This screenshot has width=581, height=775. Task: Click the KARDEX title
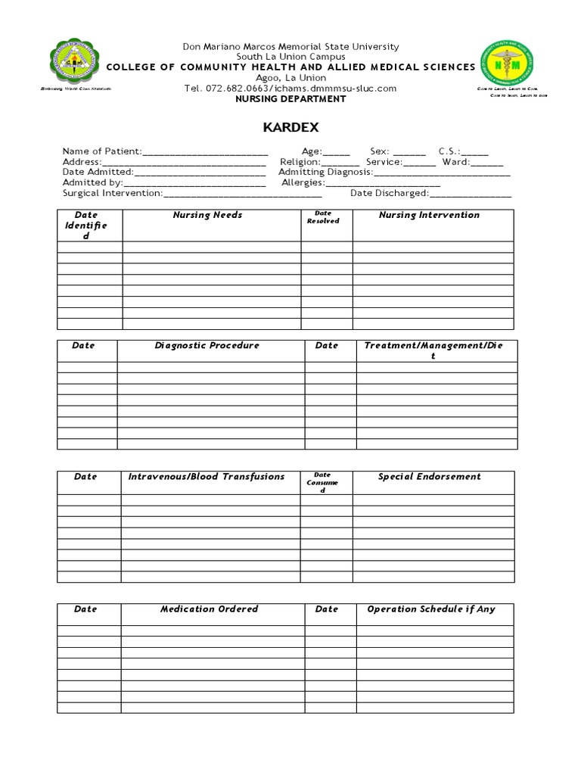(x=290, y=126)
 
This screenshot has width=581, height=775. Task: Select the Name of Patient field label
(x=102, y=151)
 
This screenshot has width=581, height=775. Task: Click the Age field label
(x=312, y=151)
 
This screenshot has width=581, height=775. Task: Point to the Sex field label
(x=379, y=151)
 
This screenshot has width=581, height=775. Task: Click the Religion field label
(x=300, y=162)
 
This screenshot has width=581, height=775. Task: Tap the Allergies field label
(x=303, y=182)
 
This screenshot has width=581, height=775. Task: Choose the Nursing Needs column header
(x=207, y=215)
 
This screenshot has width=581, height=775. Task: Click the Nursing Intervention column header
(x=429, y=215)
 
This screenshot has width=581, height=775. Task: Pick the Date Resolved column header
(x=323, y=217)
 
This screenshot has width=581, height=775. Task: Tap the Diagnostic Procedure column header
(x=207, y=345)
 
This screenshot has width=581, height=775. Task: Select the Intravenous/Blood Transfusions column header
(x=207, y=476)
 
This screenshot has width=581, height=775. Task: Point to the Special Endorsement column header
(x=429, y=476)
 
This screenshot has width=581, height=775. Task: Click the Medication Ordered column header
(x=209, y=608)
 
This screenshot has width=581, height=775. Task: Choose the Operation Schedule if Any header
(x=431, y=608)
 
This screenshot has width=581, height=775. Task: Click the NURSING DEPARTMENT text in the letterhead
(x=291, y=99)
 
